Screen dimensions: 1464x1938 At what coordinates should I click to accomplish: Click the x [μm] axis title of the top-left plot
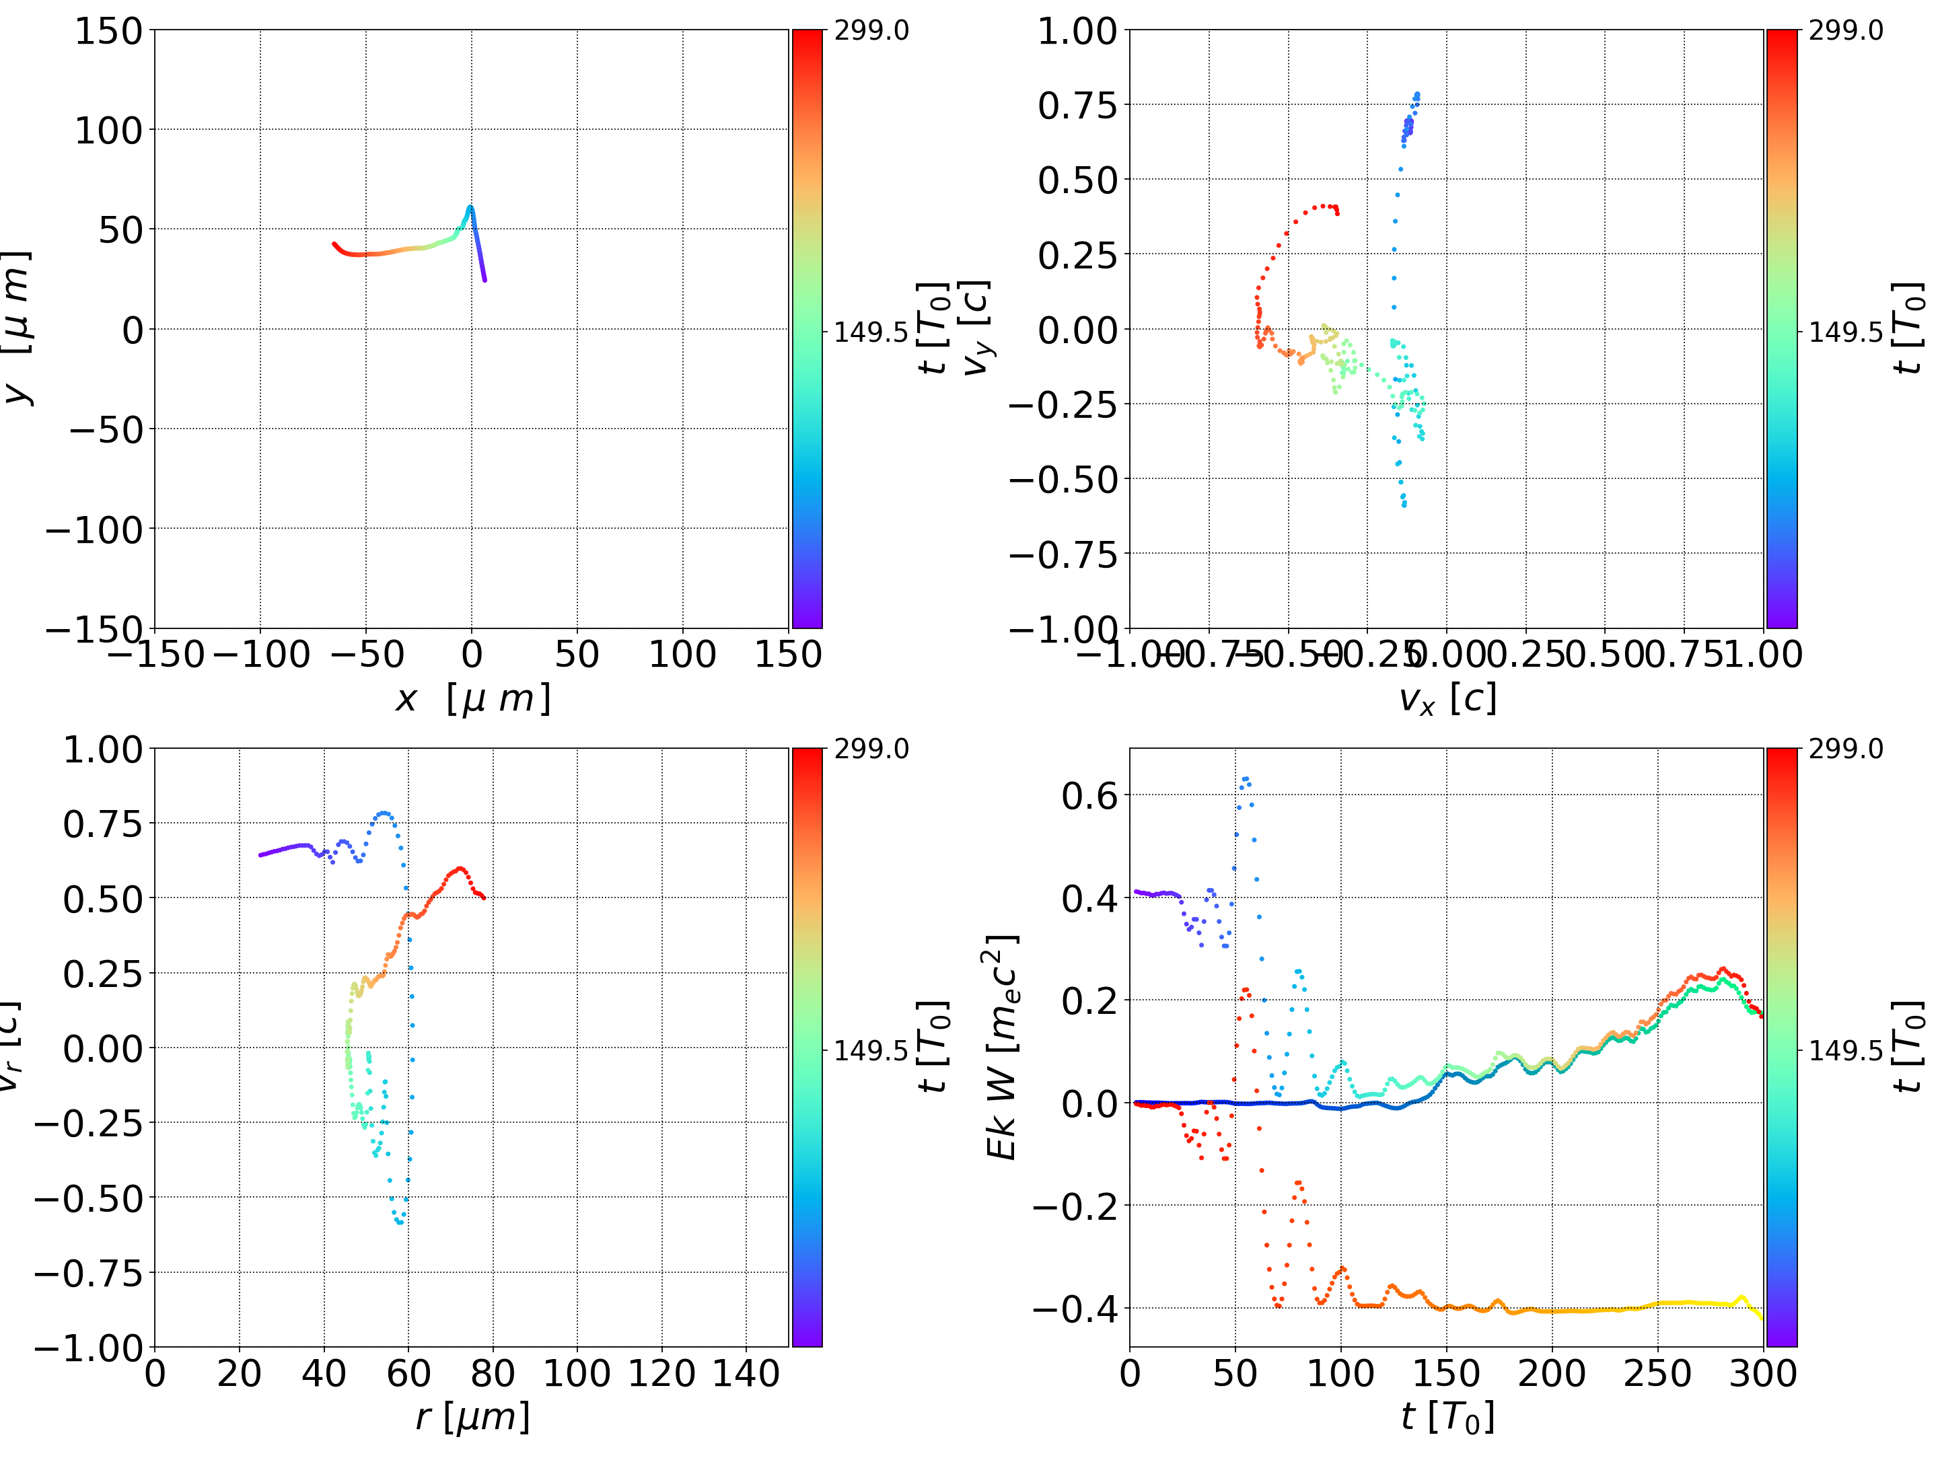pos(472,699)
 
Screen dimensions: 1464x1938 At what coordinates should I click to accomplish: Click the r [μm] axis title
pos(472,1417)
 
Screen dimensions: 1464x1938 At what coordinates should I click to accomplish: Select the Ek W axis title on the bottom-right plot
pos(1001,1047)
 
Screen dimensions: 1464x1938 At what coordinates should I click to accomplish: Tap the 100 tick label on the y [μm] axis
pos(108,131)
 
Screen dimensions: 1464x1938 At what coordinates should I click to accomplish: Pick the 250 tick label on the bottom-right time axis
pos(1657,1373)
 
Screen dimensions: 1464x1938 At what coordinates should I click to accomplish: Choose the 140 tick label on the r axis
pos(746,1373)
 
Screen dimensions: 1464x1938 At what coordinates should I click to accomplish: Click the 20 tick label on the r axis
pos(239,1373)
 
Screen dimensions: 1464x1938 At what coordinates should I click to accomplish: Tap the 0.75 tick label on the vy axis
pos(1077,105)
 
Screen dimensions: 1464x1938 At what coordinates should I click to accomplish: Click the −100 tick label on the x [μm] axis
pos(261,655)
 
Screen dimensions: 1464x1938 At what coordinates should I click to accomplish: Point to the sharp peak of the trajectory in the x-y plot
pos(470,208)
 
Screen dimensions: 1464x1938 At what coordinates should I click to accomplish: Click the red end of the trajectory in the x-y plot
pos(334,244)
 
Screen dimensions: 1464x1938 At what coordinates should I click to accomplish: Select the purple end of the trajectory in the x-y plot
pos(485,281)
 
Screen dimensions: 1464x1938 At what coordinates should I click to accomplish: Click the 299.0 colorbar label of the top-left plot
pos(871,31)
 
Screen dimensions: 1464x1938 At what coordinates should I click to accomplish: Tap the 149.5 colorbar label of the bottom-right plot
pos(1845,1050)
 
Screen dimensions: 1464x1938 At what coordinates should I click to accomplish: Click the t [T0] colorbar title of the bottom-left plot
pos(934,1047)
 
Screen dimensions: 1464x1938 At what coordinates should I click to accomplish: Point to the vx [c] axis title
pos(1447,699)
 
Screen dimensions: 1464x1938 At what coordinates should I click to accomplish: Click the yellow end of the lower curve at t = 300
pos(1762,1318)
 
